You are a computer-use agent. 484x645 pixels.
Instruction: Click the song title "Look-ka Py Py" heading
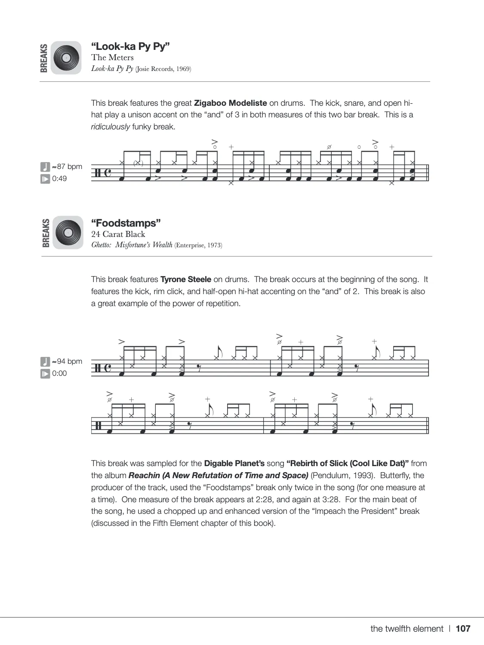point(130,46)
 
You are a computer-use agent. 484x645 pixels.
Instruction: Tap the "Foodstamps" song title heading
point(126,223)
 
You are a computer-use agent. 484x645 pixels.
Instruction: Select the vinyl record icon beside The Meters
point(66,58)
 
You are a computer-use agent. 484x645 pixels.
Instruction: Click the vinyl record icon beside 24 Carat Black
point(68,232)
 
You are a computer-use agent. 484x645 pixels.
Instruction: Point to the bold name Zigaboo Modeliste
point(231,103)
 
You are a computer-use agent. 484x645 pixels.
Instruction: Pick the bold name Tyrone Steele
point(186,279)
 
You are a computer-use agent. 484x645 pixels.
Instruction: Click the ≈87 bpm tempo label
point(67,166)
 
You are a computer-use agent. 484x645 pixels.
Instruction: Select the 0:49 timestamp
point(59,178)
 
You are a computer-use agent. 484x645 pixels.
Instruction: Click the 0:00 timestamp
point(59,373)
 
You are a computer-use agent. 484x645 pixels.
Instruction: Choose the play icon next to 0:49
point(45,178)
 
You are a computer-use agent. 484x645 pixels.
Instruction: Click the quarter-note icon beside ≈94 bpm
point(45,361)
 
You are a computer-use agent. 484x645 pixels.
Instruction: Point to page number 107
point(463,629)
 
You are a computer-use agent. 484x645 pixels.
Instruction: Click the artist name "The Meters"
point(112,58)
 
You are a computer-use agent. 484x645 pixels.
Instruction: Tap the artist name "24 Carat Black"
point(118,234)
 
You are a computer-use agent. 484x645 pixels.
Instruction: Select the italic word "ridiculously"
point(110,127)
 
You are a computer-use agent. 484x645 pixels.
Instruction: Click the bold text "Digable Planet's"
point(234,464)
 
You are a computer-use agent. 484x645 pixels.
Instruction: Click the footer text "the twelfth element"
point(407,629)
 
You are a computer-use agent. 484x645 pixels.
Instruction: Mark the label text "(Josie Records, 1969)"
point(163,69)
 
